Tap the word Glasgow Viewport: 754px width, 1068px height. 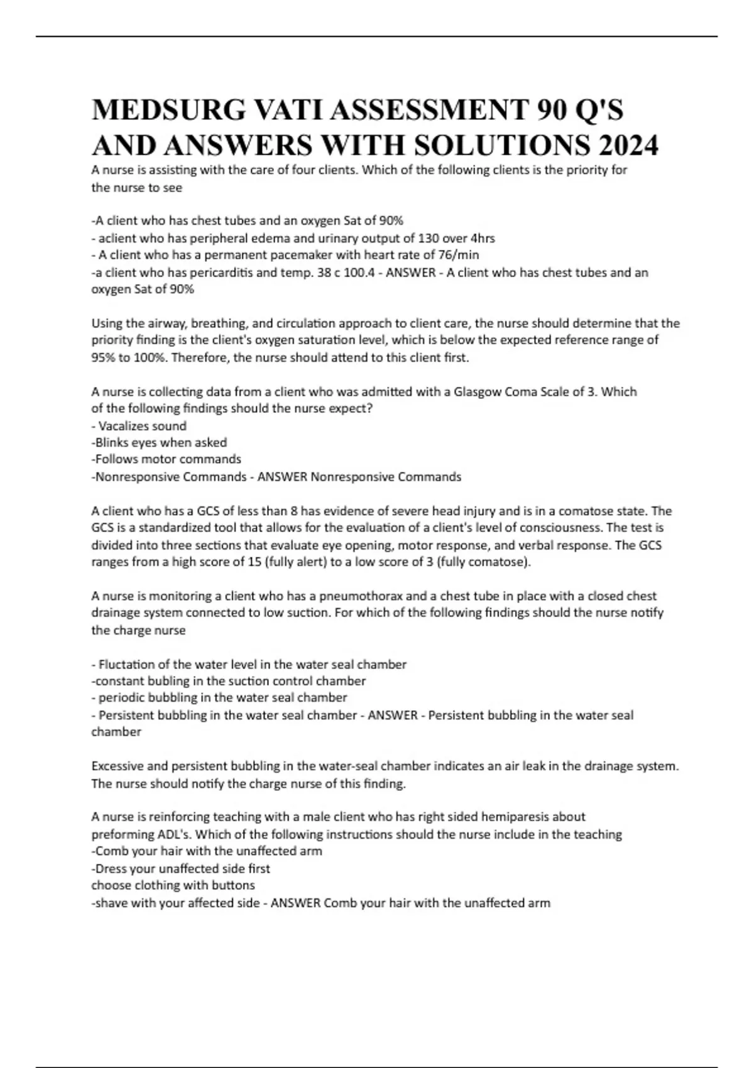pos(478,392)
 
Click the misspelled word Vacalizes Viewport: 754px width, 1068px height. pos(124,426)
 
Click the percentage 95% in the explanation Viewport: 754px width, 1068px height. pos(103,358)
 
